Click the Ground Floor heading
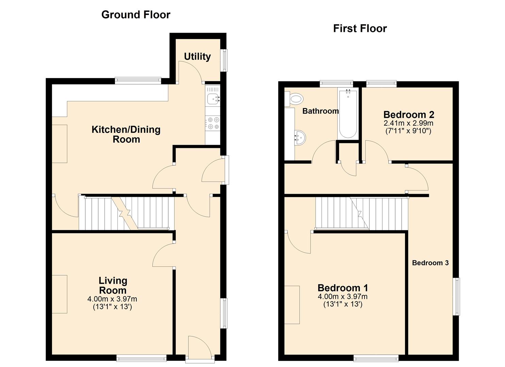coord(136,15)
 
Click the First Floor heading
coord(360,29)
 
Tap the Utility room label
coord(197,56)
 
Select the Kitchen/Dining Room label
coord(126,134)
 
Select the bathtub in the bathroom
coord(348,114)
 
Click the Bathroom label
coord(320,111)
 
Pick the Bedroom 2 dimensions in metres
coord(408,123)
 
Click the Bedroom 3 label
coord(430,263)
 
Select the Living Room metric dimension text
coord(112,299)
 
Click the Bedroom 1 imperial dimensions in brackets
coord(342,304)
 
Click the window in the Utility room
coord(224,60)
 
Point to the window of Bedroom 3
coord(457,297)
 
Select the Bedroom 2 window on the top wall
coord(381,82)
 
